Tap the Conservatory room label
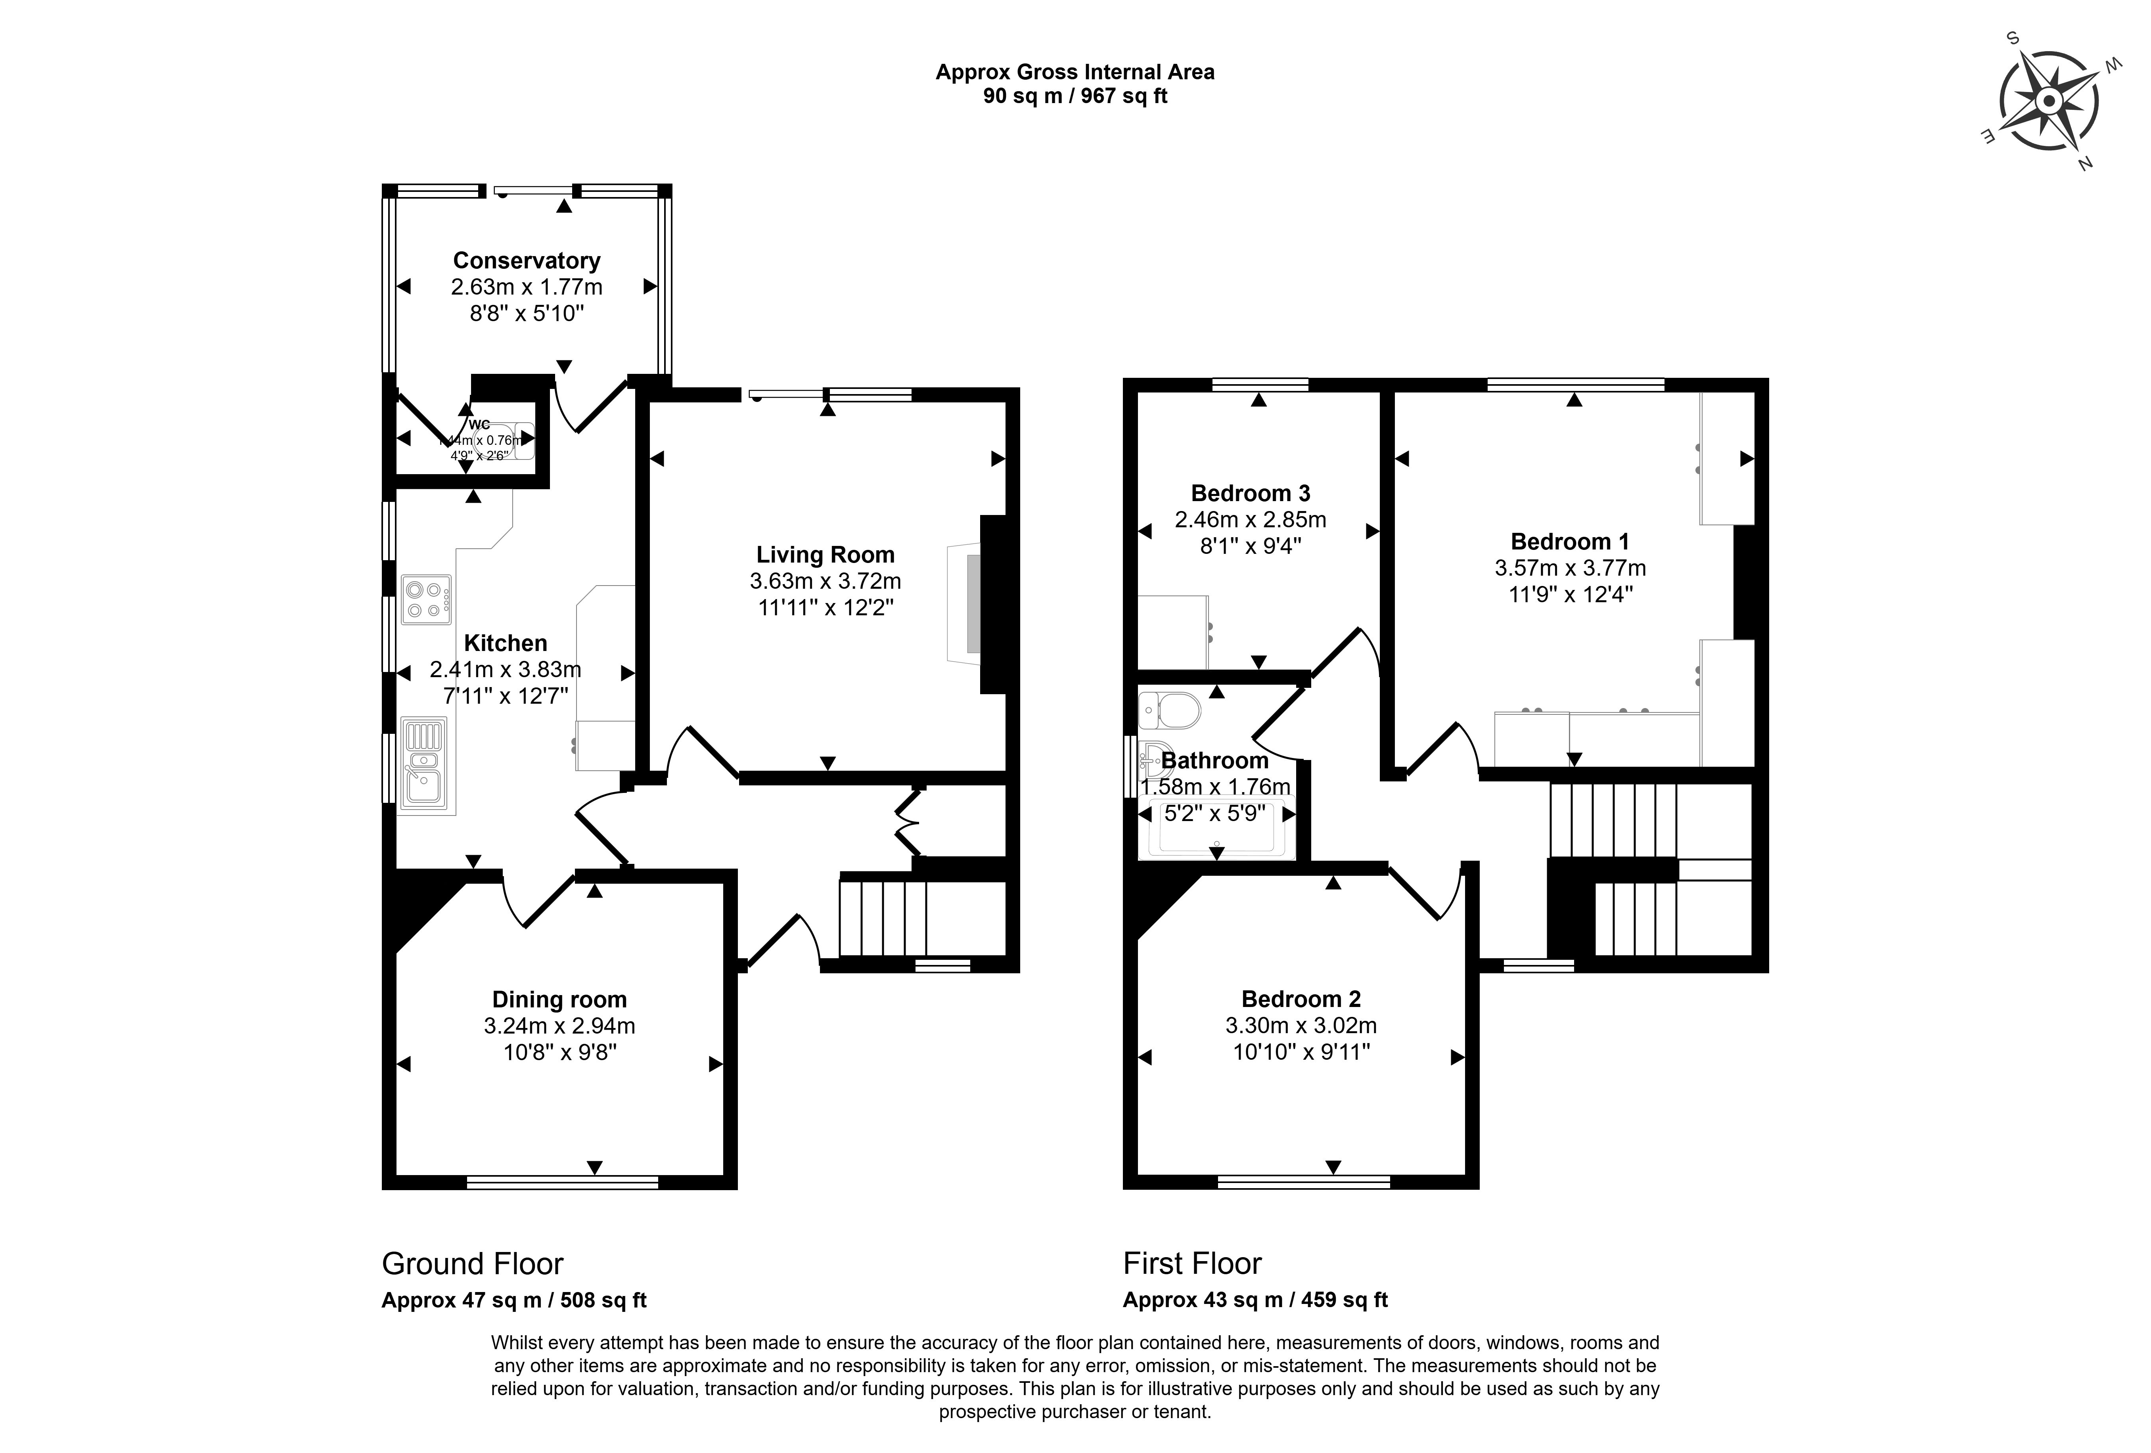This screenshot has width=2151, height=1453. tap(527, 261)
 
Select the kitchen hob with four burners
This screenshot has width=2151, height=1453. tap(426, 599)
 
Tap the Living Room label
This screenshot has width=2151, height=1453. tap(825, 555)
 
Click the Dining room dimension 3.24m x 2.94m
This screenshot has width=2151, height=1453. tap(559, 1026)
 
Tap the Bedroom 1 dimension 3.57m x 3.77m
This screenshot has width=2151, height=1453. tap(1570, 568)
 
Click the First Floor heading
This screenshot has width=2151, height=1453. tap(1192, 1264)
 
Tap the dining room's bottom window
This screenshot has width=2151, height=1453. tap(562, 1182)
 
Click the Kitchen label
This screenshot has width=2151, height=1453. tap(506, 643)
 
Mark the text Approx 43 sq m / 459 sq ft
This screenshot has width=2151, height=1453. tap(1255, 1300)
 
